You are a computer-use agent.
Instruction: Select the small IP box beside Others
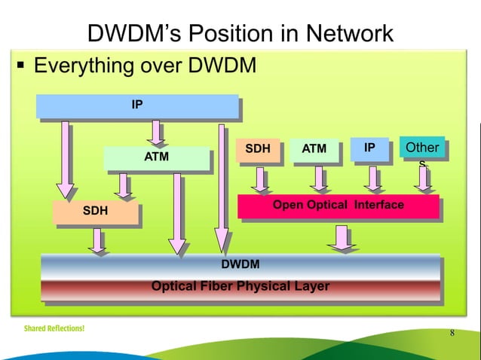pyautogui.click(x=369, y=149)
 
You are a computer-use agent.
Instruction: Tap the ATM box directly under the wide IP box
pyautogui.click(x=156, y=157)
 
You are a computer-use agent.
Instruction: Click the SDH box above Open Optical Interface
pyautogui.click(x=258, y=149)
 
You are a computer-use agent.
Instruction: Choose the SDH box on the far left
pyautogui.click(x=95, y=212)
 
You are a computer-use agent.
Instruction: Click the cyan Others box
pyautogui.click(x=422, y=148)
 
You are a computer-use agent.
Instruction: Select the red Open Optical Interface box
pyautogui.click(x=338, y=206)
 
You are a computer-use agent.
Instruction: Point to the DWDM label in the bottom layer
pyautogui.click(x=240, y=264)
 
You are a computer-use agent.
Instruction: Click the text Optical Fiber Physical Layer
pyautogui.click(x=240, y=286)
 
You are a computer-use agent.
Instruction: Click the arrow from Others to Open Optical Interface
pyautogui.click(x=423, y=178)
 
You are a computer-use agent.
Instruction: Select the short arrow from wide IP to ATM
pyautogui.click(x=156, y=133)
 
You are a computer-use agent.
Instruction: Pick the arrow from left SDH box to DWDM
pyautogui.click(x=98, y=240)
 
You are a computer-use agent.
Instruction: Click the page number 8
pyautogui.click(x=452, y=334)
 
